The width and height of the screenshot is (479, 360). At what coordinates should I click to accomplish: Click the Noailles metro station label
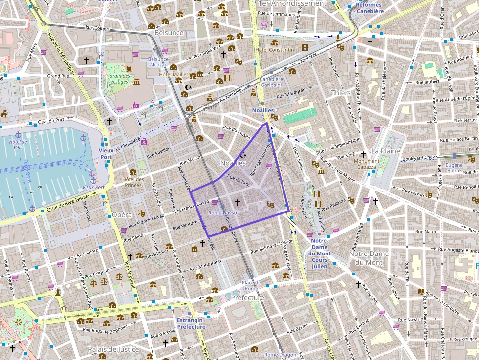(263, 110)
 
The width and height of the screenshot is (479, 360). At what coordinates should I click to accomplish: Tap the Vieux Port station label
(106, 154)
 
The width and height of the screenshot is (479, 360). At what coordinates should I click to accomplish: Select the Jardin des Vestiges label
(120, 79)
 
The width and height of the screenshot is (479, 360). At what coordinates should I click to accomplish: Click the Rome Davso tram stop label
(222, 213)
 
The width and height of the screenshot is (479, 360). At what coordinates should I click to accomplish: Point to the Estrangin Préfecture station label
(191, 323)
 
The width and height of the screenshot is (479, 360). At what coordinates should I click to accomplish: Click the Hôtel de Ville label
(18, 145)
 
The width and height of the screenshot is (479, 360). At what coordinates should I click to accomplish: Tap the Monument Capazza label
(367, 164)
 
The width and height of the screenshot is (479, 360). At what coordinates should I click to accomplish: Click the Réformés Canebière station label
(369, 8)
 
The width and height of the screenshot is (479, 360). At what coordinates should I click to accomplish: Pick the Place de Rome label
(251, 286)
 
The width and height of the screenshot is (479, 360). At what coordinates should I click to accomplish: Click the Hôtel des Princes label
(133, 182)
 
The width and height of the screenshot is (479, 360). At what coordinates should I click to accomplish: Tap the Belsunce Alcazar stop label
(158, 62)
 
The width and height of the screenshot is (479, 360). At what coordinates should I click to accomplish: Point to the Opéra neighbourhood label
(122, 214)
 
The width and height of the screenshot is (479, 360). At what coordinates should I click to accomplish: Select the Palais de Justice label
(114, 349)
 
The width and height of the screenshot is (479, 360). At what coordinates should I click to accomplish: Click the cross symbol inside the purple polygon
(238, 202)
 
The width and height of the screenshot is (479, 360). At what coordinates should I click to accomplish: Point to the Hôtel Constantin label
(274, 50)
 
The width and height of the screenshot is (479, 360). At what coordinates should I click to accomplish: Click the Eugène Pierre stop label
(454, 169)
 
